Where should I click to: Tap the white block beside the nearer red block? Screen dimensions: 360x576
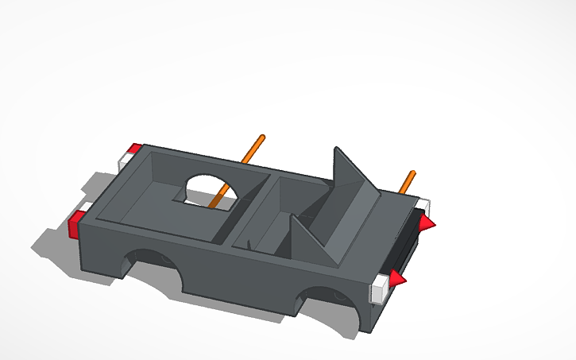click(84, 207)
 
